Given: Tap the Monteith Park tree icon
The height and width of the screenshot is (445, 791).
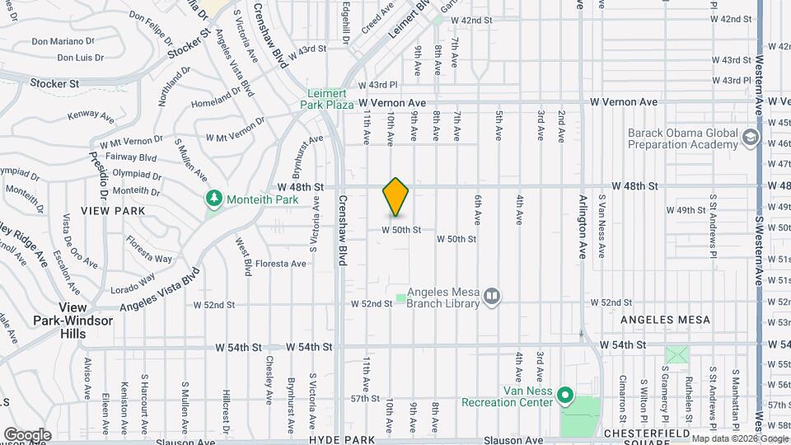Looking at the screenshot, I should (214, 199).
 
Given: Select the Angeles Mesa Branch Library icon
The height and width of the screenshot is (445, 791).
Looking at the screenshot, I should (492, 295).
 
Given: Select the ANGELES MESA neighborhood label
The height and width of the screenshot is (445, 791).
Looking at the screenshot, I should (665, 320).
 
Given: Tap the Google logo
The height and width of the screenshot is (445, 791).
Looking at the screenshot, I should (26, 434).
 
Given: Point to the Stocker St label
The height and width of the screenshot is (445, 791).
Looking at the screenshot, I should (54, 83).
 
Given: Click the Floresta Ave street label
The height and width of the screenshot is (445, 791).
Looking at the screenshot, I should (281, 264).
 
